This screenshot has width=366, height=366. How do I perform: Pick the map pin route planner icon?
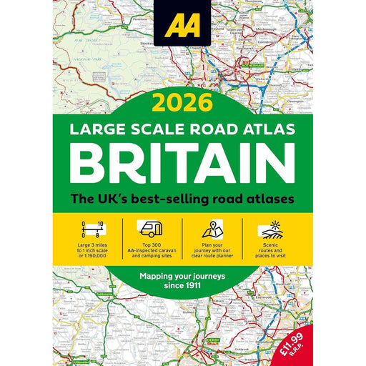(x=212, y=229)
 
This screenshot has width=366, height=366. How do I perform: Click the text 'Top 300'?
(x=152, y=244)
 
